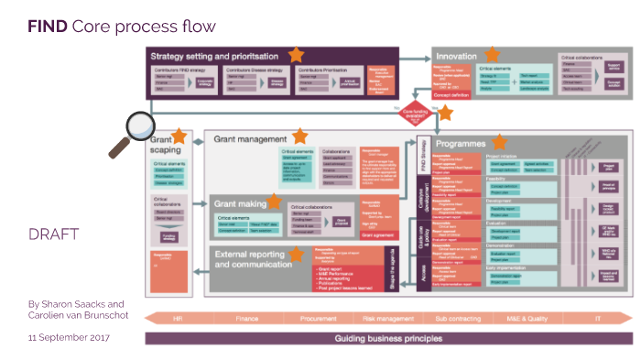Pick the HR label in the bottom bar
pyautogui.click(x=178, y=319)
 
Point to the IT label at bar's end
pyautogui.click(x=597, y=319)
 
